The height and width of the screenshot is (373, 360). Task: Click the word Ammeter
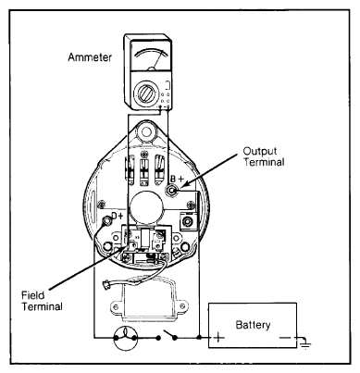pos(90,57)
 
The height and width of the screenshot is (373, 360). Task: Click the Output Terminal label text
pos(264,156)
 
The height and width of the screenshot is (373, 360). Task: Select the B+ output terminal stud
pos(171,191)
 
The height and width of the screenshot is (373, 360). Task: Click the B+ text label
pos(177,179)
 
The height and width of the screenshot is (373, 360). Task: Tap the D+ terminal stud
pos(106,221)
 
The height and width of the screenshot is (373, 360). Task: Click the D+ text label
pos(118,216)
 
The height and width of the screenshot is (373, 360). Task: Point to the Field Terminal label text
pos(42,301)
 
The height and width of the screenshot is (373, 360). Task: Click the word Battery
pos(253,325)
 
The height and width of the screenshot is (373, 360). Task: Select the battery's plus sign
pos(218,337)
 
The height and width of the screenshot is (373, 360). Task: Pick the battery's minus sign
pos(285,338)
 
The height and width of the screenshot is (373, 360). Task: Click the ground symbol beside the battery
pos(305,343)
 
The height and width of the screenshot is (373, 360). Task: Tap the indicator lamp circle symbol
pos(125,338)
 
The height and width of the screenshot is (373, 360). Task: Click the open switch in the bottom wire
pos(166,336)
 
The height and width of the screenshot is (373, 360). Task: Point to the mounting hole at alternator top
pos(146,131)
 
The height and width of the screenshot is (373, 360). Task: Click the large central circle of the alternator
pos(146,206)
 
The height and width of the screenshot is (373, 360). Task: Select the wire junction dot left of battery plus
pos(199,338)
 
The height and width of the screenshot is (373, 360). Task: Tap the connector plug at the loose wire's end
pos(106,284)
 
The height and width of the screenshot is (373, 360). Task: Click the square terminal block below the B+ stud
pos(188,221)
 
